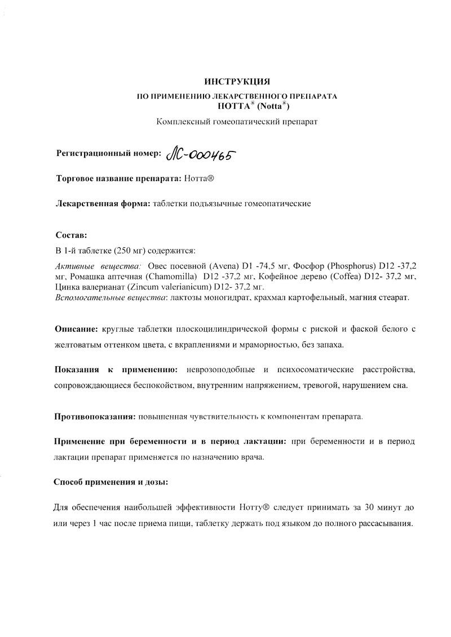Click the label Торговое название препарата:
(118, 178)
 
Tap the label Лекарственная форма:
(103, 203)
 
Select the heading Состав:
(72, 234)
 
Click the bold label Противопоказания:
(94, 417)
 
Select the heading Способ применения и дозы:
(110, 482)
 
